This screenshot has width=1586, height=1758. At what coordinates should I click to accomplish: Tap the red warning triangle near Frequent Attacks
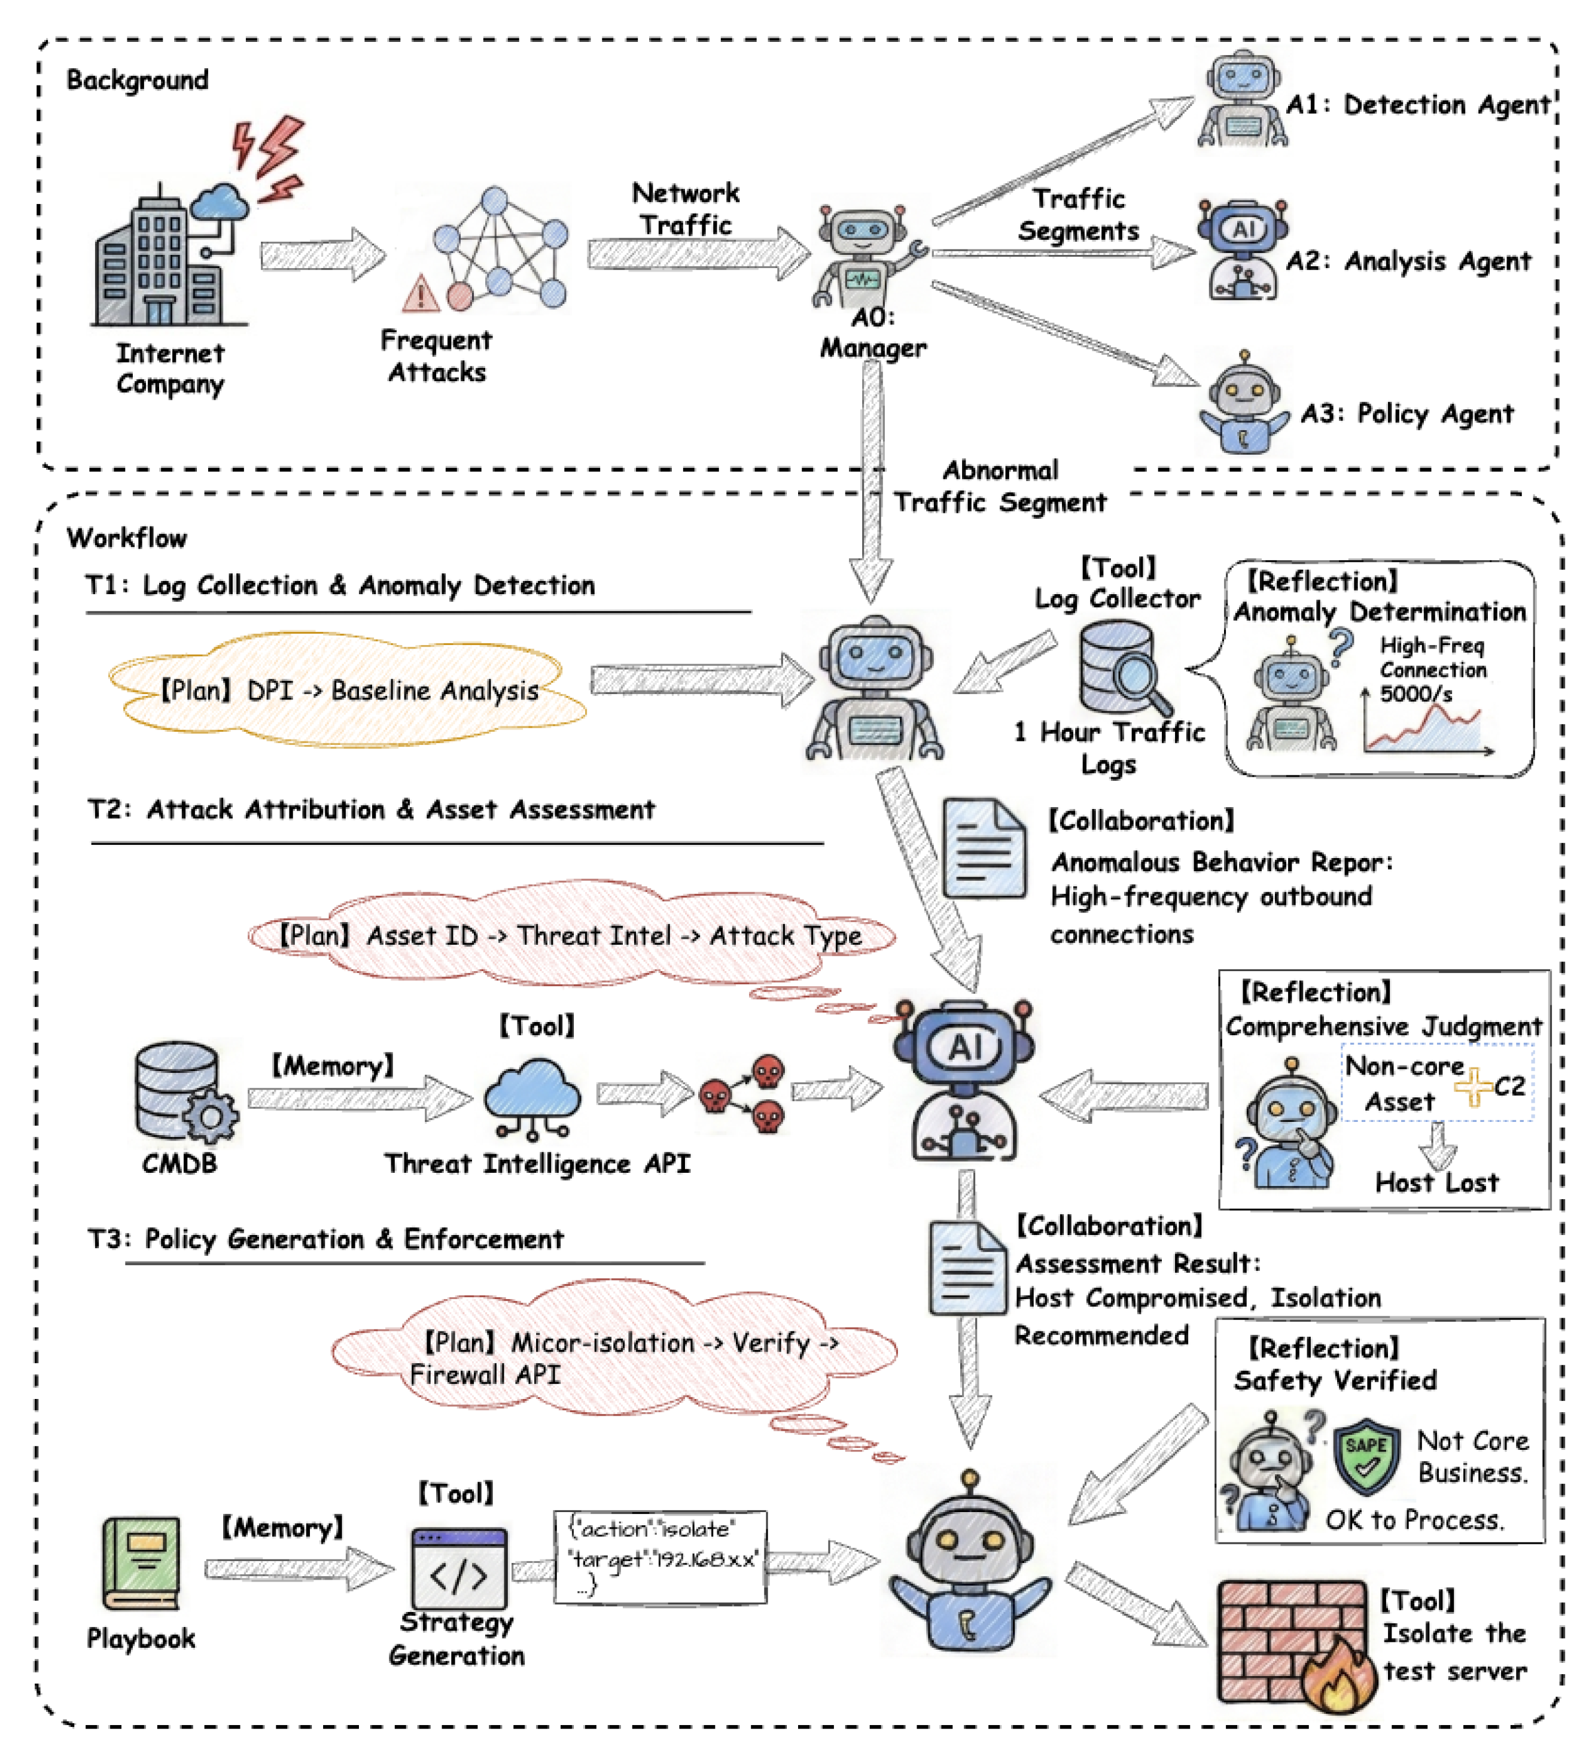421,294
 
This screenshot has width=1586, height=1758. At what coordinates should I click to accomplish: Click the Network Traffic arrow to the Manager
697,254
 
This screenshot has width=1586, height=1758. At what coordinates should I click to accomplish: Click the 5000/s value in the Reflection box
1415,694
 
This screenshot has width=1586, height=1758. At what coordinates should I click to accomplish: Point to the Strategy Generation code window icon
459,1569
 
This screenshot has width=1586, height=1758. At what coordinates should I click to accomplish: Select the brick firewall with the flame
1293,1642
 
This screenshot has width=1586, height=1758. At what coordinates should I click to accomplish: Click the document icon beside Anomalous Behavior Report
983,848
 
